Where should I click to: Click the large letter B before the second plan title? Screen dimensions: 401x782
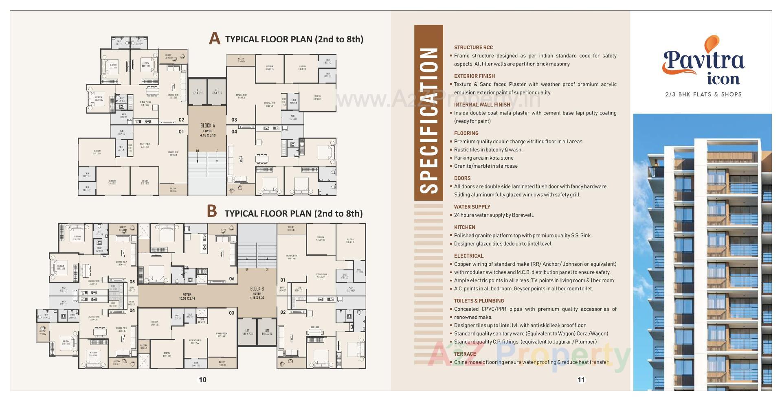pyautogui.click(x=212, y=211)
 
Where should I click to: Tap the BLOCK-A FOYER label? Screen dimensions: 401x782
pyautogui.click(x=208, y=130)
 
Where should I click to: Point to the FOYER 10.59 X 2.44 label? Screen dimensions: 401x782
pyautogui.click(x=187, y=296)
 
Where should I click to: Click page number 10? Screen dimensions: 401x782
pyautogui.click(x=202, y=380)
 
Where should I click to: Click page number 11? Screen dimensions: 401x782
pyautogui.click(x=581, y=380)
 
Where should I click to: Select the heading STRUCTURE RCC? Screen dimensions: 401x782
pyautogui.click(x=473, y=48)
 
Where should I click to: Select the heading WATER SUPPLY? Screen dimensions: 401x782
pyautogui.click(x=472, y=207)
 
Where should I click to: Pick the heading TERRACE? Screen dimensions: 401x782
pyautogui.click(x=465, y=354)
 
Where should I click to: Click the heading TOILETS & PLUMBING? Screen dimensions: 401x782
pyautogui.click(x=479, y=301)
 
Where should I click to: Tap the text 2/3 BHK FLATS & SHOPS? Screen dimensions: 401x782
pyautogui.click(x=703, y=94)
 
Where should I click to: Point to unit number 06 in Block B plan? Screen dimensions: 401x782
pyautogui.click(x=232, y=279)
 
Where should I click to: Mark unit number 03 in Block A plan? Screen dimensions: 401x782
pyautogui.click(x=234, y=120)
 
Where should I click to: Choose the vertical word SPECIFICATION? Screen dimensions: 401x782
pyautogui.click(x=428, y=120)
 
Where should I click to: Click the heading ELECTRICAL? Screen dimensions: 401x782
pyautogui.click(x=469, y=256)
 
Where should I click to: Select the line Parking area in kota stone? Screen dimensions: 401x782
pyautogui.click(x=484, y=158)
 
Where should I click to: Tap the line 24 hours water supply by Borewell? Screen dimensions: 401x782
pyautogui.click(x=494, y=215)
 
